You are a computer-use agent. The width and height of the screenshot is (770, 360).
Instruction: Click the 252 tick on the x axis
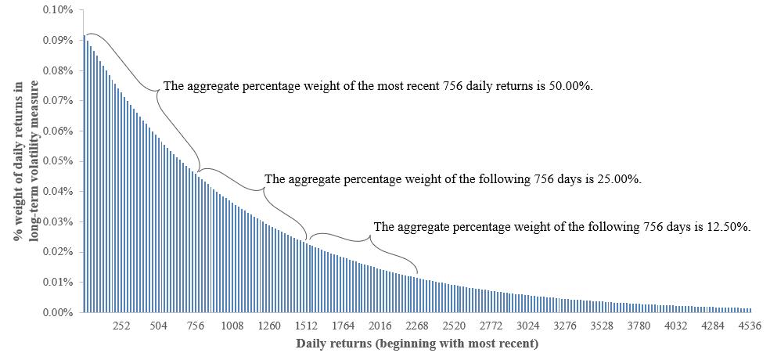click(x=121, y=326)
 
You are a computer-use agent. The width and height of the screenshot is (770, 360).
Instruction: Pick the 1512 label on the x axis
click(x=306, y=326)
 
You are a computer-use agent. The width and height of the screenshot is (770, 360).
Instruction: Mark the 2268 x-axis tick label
click(x=417, y=326)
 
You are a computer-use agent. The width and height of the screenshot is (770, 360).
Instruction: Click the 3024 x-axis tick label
click(x=527, y=326)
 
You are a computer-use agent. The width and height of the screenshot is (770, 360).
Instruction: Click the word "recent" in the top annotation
click(x=443, y=86)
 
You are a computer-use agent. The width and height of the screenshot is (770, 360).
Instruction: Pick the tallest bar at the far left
click(x=84, y=172)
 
